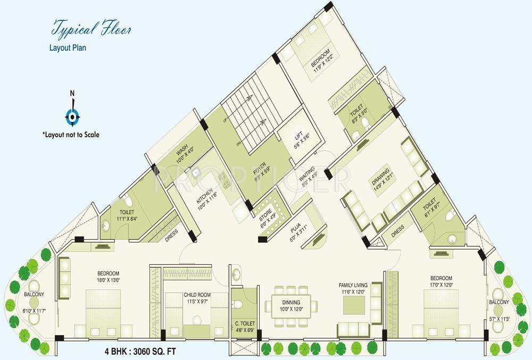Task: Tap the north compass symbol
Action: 73,115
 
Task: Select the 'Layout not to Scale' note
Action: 71,135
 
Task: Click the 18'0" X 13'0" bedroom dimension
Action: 109,280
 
